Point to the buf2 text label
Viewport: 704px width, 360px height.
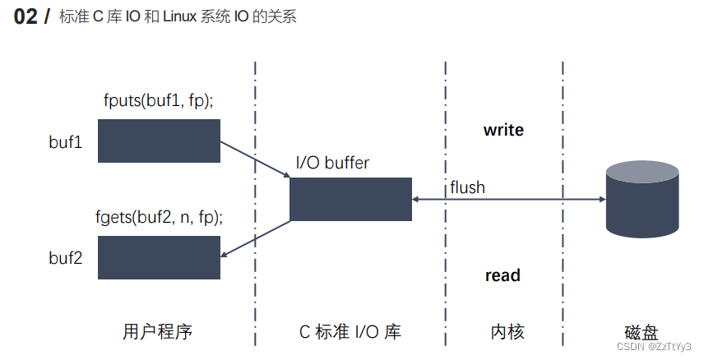pyautogui.click(x=66, y=257)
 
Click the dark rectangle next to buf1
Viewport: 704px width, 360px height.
pyautogui.click(x=159, y=141)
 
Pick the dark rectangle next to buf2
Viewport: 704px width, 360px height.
pyautogui.click(x=159, y=257)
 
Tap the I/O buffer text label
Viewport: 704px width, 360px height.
pyautogui.click(x=332, y=163)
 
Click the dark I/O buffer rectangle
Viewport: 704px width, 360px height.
pyautogui.click(x=350, y=199)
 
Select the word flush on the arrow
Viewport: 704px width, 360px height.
pyautogui.click(x=467, y=187)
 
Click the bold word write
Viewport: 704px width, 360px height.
pyautogui.click(x=503, y=130)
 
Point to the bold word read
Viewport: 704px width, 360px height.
pyautogui.click(x=503, y=275)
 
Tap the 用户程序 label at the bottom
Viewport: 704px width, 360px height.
pyautogui.click(x=157, y=331)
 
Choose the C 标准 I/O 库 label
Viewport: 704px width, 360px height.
pyautogui.click(x=350, y=331)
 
